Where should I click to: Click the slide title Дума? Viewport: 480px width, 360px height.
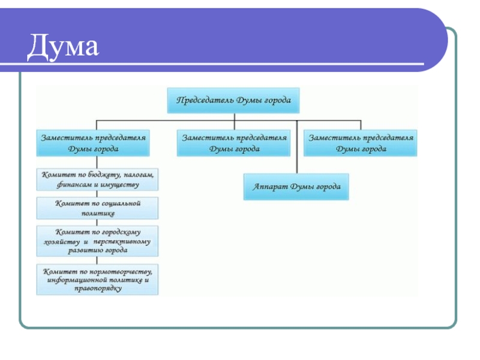pos(62,47)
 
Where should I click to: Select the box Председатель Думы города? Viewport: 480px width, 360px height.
pos(233,100)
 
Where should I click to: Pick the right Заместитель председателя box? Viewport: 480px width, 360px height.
pos(361,143)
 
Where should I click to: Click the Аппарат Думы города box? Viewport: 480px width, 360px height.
pos(296,187)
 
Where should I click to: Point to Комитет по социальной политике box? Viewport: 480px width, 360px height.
pos(98,208)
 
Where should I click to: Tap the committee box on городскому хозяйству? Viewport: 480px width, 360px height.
pos(98,241)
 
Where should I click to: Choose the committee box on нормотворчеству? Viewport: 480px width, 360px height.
pos(98,279)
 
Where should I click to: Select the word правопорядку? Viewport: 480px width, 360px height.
pos(97,289)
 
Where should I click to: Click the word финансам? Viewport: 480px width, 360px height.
pos(76,185)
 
